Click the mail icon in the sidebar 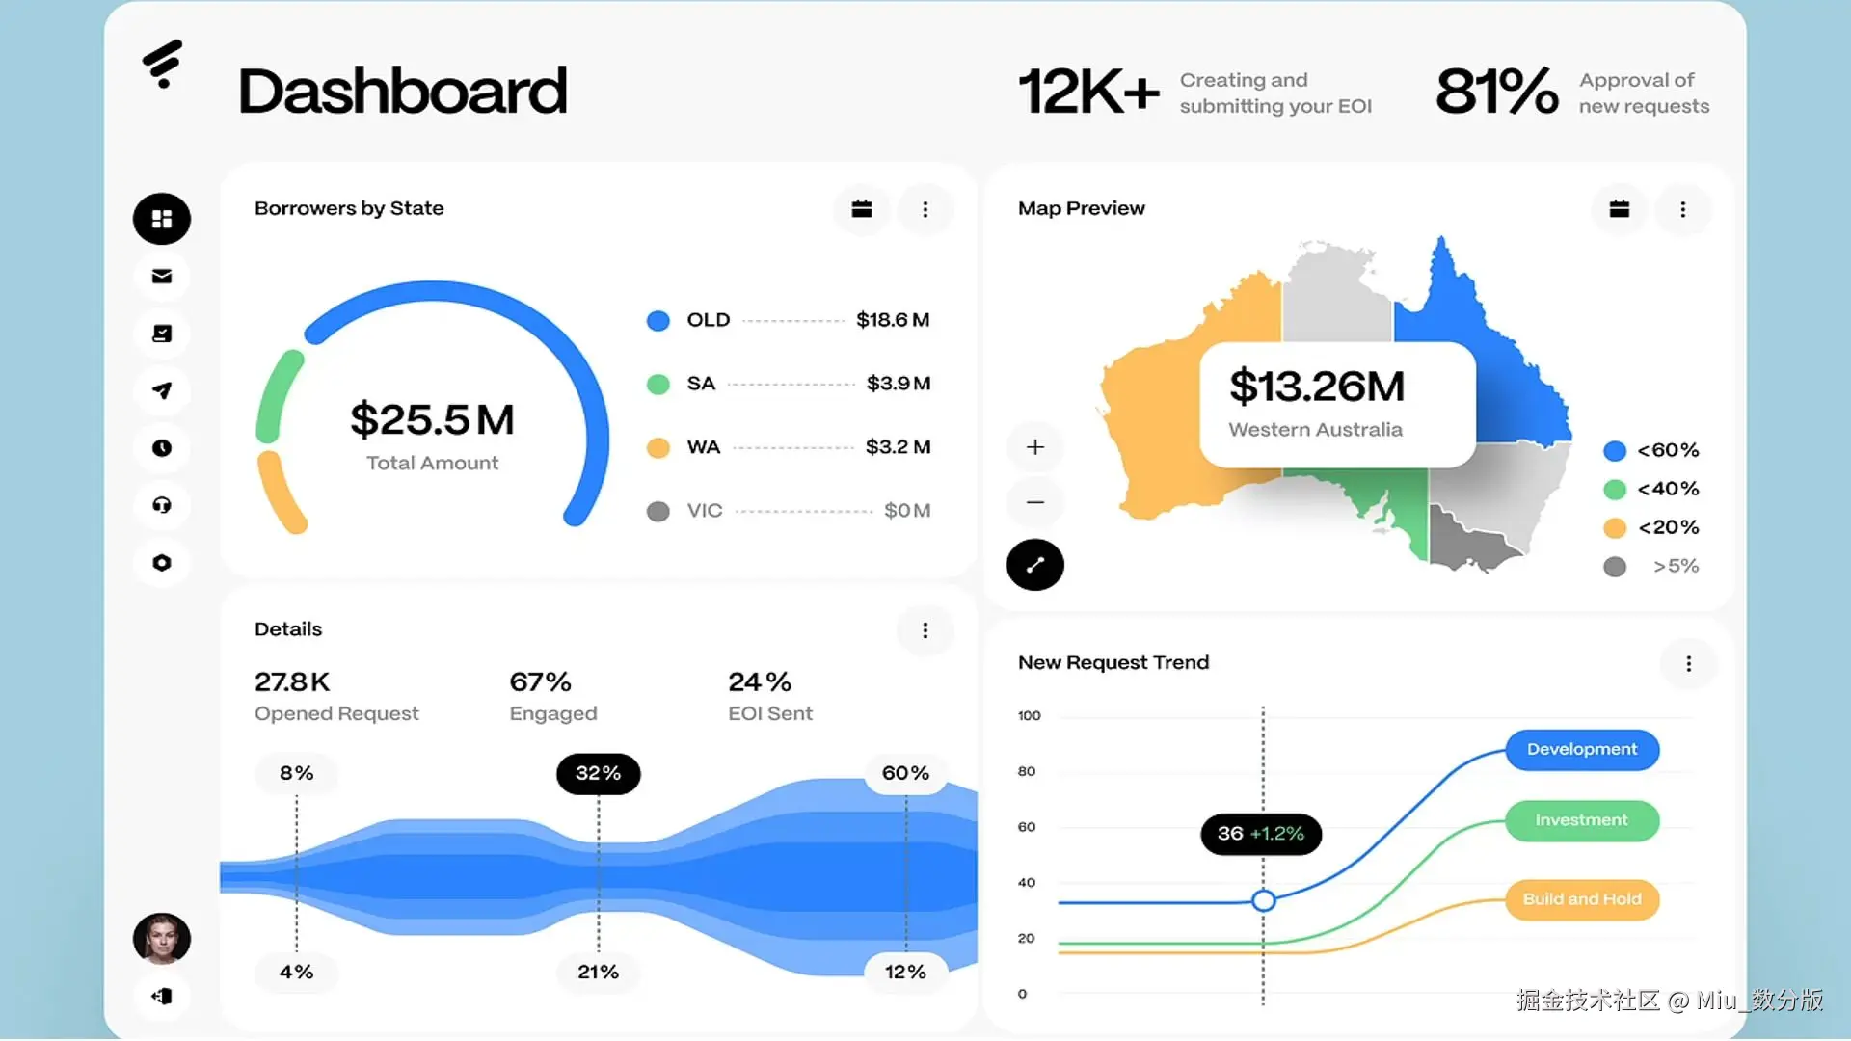(162, 277)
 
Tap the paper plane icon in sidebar (162, 390)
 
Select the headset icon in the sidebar (162, 505)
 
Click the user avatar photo (162, 939)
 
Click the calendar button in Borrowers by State (862, 209)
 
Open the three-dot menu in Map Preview (1683, 209)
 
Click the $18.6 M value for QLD (893, 320)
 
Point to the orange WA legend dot (658, 448)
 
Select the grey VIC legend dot (658, 511)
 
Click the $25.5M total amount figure (432, 419)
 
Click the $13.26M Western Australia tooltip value (1317, 387)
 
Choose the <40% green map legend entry (1651, 489)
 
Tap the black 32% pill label (599, 774)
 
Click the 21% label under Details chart (599, 973)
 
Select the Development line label (1582, 750)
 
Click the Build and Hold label (1582, 899)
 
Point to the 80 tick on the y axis (1027, 771)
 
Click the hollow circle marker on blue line (1264, 901)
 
